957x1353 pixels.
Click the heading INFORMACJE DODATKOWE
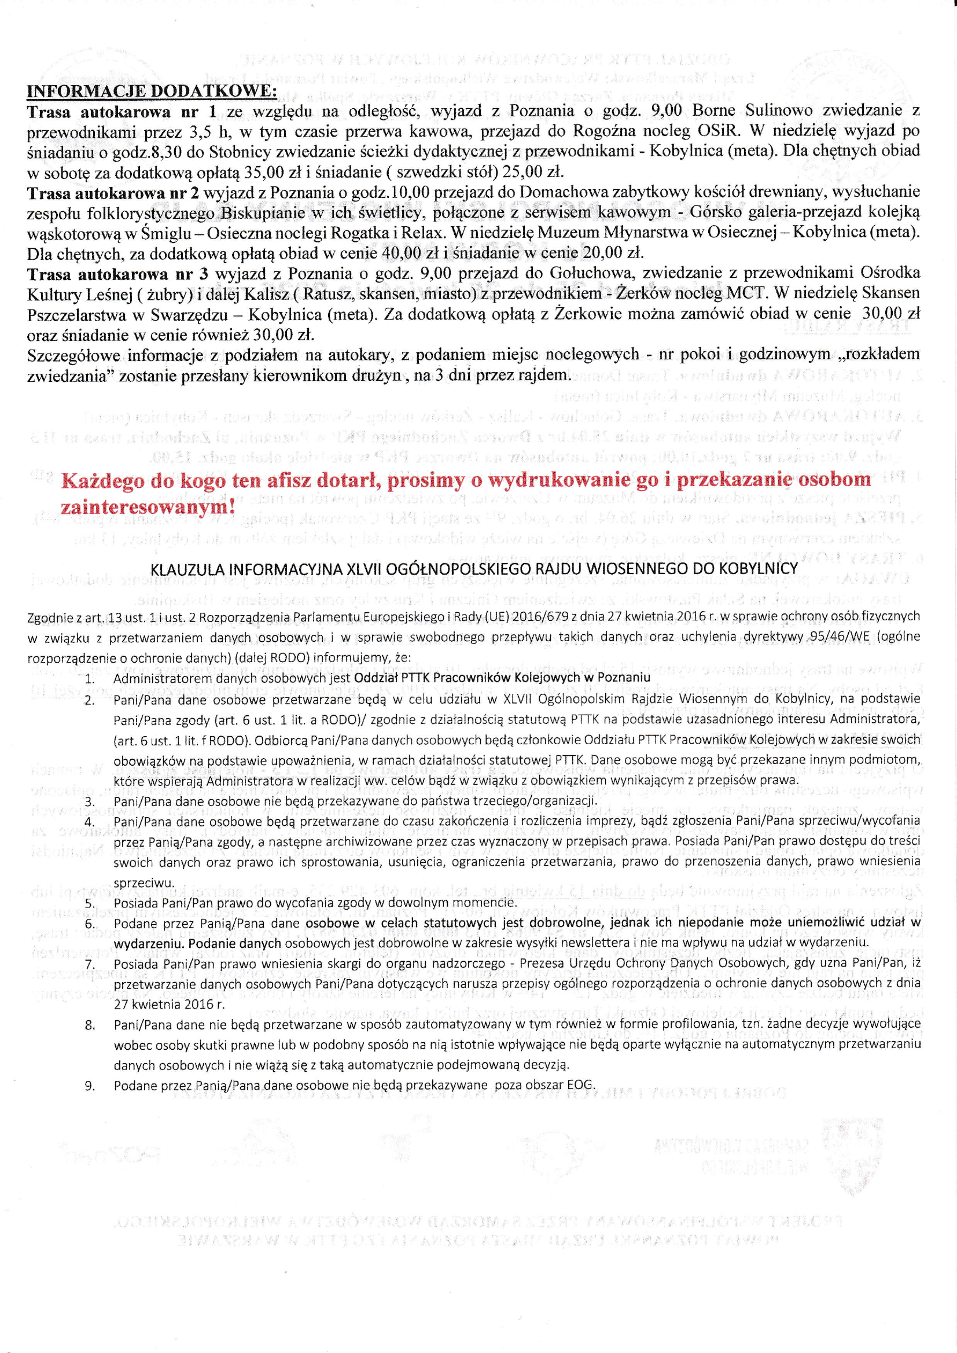152,91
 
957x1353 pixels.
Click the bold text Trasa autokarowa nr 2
114,192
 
